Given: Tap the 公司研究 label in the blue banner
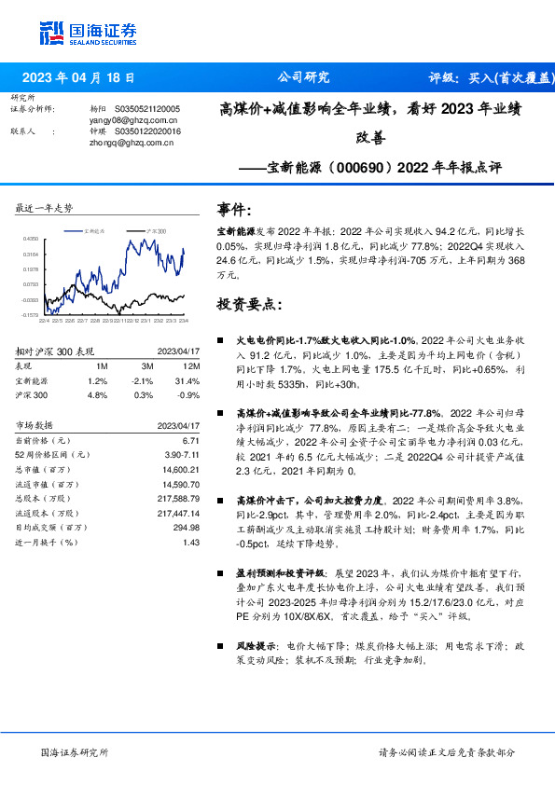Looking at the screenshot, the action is coord(303,78).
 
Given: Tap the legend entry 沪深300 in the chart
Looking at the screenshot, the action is coord(156,230).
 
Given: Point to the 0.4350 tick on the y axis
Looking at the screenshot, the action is coord(32,240).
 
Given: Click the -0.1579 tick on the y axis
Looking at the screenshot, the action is coord(32,315).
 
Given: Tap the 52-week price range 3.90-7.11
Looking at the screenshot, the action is coord(181,453).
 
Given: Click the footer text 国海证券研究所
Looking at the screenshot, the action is coord(75,751).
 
